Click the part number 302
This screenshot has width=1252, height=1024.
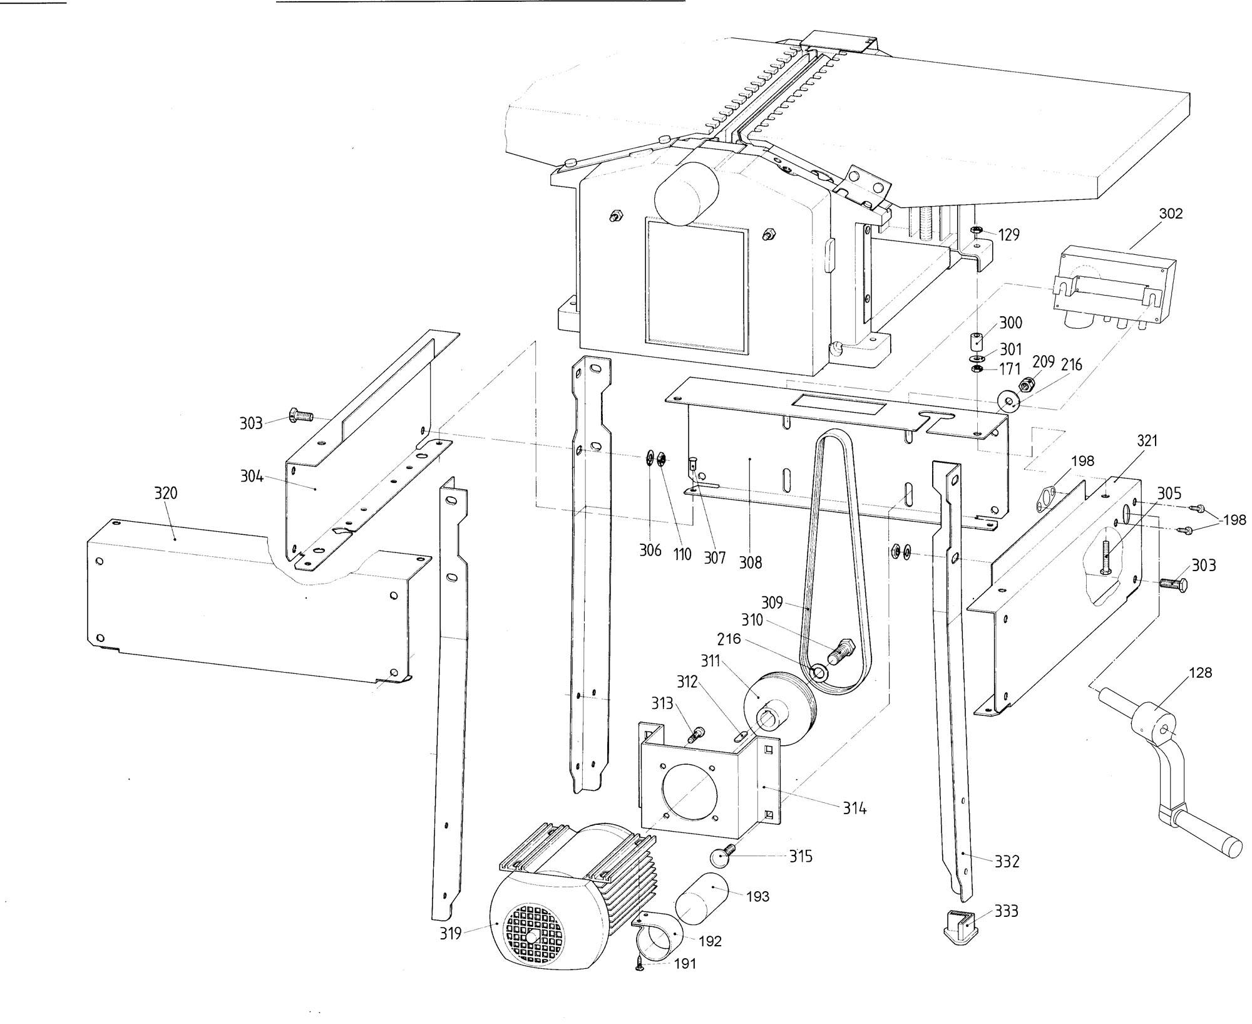1171,214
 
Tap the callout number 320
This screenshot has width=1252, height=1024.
166,494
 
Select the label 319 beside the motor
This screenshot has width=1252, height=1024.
450,934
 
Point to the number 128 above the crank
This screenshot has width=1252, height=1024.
1201,673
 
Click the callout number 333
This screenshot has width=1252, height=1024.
1007,911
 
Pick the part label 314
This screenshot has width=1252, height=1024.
854,809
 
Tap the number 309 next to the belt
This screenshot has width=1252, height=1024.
772,603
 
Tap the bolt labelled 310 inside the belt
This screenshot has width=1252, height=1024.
838,651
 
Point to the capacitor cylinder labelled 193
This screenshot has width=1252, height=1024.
702,900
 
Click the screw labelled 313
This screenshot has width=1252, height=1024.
695,733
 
